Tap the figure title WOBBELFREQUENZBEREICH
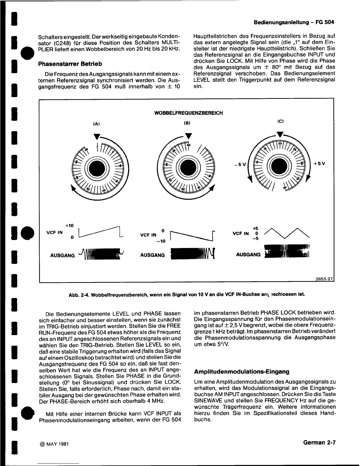pyautogui.click(x=189, y=113)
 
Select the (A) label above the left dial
pyautogui.click(x=96, y=124)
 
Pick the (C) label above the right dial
pyautogui.click(x=279, y=121)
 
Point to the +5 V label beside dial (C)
pyautogui.click(x=320, y=164)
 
